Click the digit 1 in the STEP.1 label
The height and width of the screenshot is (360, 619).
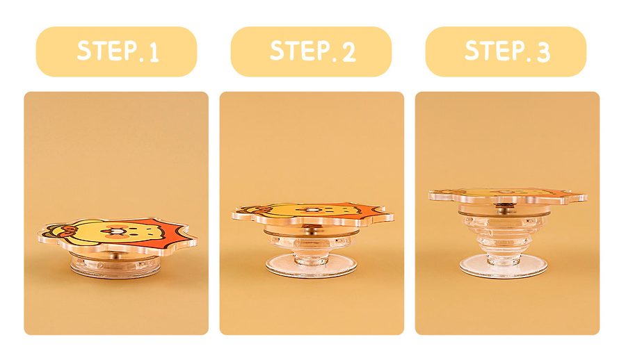click(x=153, y=53)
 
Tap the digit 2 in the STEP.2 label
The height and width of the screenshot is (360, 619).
click(x=348, y=52)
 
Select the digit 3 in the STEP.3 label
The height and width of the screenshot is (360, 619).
click(x=543, y=52)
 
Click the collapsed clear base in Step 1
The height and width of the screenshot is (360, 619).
click(x=116, y=265)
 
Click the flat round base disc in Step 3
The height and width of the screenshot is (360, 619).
click(x=506, y=265)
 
